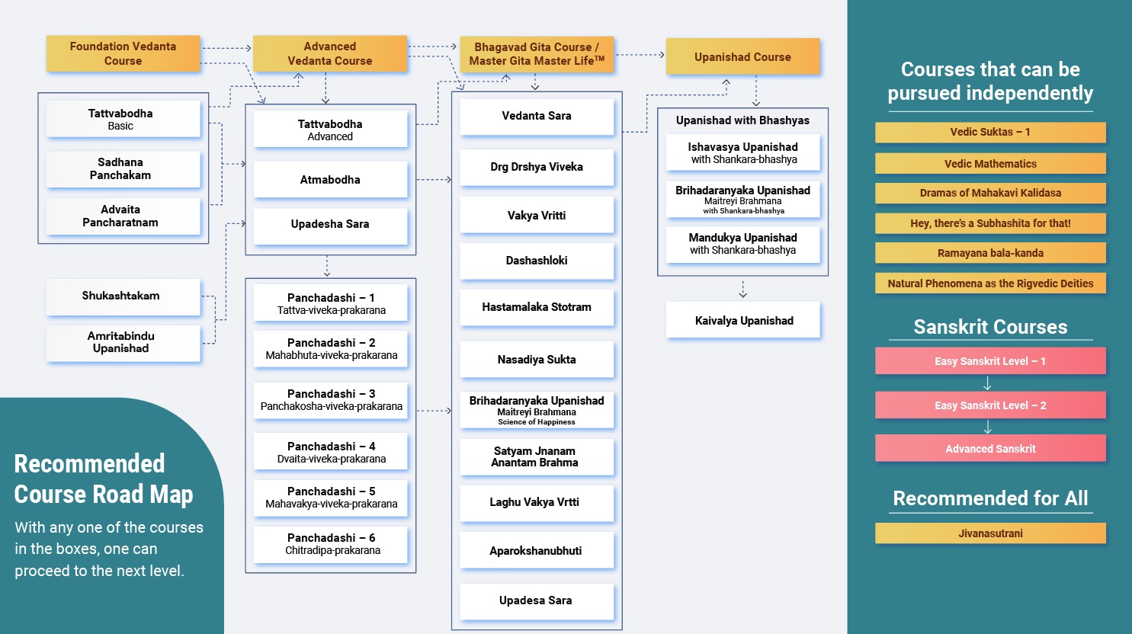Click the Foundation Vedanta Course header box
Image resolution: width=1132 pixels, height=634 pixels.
tap(123, 53)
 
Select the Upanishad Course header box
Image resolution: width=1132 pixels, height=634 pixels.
tap(742, 56)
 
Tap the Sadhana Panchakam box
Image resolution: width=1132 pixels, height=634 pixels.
tap(120, 168)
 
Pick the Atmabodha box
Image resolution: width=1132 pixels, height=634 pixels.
tap(330, 180)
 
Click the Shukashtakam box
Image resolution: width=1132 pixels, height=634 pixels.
tap(121, 296)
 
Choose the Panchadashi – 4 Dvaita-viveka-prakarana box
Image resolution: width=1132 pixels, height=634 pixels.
tap(331, 452)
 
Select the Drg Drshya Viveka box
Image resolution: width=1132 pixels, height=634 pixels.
tap(536, 167)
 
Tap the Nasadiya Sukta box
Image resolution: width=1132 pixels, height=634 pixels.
tap(536, 360)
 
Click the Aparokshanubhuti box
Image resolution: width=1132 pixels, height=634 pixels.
tap(536, 550)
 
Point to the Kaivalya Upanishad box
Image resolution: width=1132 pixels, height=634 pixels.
tap(743, 321)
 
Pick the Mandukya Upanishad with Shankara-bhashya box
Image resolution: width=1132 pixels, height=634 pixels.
tap(742, 244)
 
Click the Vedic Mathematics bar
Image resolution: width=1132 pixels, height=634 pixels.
tap(990, 163)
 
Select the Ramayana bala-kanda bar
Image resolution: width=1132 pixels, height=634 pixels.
tap(990, 253)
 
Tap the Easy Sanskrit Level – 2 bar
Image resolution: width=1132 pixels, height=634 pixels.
tap(990, 405)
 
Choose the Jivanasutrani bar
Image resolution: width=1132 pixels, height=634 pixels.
tap(990, 533)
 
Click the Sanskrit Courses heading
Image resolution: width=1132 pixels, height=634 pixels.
tap(990, 327)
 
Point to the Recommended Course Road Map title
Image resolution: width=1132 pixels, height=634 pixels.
tap(104, 479)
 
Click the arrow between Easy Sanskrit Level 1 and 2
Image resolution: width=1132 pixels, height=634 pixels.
tap(988, 383)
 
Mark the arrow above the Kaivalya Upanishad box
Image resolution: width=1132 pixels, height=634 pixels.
tap(743, 290)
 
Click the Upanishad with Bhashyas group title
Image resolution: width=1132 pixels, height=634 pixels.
tap(742, 120)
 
